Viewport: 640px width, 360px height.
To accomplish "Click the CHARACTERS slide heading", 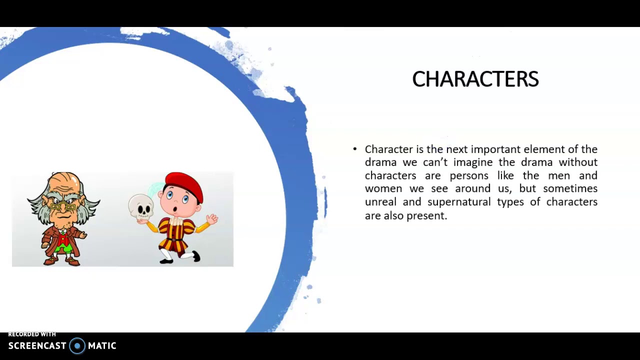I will [x=475, y=79].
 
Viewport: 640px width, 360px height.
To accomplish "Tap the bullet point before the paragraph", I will [x=355, y=149].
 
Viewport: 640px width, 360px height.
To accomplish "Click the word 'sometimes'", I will [x=570, y=188].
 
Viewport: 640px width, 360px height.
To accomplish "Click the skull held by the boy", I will [x=140, y=207].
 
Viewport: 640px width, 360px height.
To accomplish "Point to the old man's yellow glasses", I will [x=63, y=206].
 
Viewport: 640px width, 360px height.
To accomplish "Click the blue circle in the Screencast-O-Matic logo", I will [x=77, y=346].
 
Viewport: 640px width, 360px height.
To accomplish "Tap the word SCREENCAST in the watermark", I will [x=37, y=346].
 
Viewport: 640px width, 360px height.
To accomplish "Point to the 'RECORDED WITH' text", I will [x=32, y=334].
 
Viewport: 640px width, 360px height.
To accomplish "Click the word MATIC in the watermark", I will [x=102, y=346].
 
